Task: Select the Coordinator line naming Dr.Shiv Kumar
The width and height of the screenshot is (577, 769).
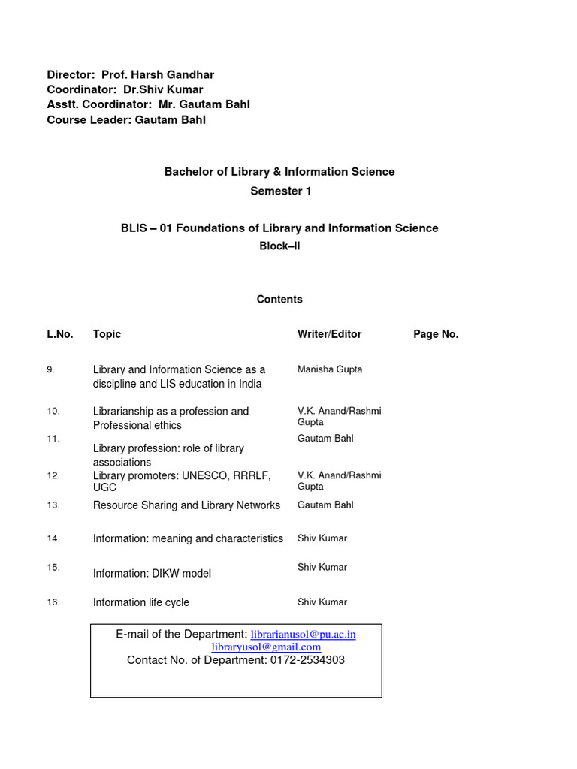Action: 125,90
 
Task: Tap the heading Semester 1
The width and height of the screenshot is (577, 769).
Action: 280,191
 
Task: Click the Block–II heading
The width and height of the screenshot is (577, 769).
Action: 279,246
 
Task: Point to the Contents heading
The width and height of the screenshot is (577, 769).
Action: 279,300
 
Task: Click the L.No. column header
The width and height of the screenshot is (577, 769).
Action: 60,334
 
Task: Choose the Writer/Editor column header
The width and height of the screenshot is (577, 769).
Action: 329,334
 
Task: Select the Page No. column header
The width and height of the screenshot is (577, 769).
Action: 436,334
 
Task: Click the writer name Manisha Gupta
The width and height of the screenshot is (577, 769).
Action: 330,369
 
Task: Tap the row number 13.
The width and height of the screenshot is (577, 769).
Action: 53,505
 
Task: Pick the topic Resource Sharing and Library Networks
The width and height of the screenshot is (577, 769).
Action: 186,505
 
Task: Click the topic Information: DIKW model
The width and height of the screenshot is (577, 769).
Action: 152,574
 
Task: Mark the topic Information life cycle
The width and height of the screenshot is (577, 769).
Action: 141,602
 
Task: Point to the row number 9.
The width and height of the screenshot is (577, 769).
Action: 50,369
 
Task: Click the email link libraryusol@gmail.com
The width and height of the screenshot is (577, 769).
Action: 266,647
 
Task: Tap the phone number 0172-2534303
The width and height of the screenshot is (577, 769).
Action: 307,660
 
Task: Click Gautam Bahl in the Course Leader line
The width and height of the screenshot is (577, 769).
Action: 171,120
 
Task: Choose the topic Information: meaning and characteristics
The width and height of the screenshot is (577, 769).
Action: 188,538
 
